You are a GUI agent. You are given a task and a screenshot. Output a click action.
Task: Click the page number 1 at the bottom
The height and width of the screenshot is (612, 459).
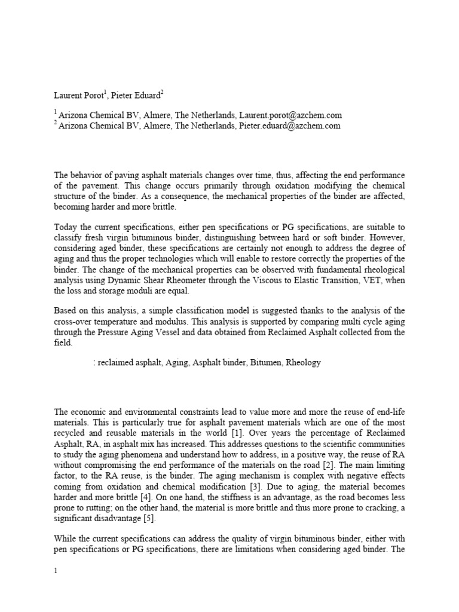56,571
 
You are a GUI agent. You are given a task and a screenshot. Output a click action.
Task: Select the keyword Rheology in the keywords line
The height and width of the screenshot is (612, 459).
304,362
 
